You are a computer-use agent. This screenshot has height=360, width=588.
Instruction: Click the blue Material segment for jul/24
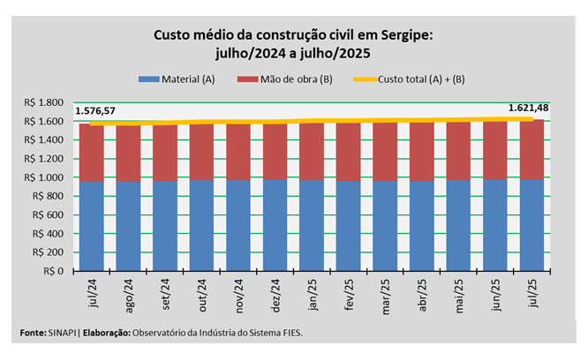pyautogui.click(x=92, y=226)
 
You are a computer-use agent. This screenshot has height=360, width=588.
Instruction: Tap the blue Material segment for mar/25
pyautogui.click(x=385, y=226)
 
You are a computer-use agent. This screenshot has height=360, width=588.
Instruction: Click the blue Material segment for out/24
pyautogui.click(x=201, y=226)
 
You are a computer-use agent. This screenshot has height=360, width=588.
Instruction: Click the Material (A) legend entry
pyautogui.click(x=178, y=79)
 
